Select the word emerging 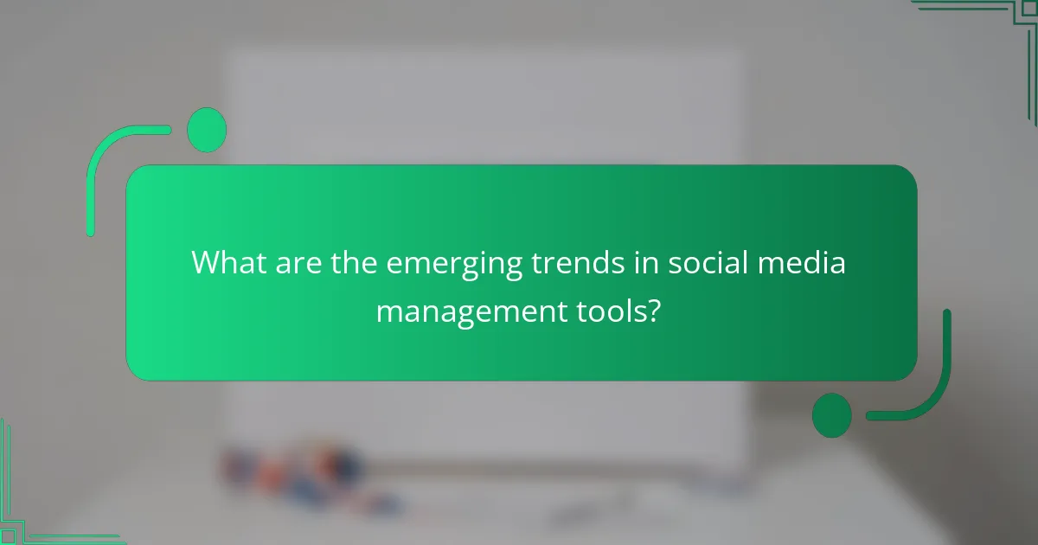(454, 264)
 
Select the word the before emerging (355, 262)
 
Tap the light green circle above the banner (207, 130)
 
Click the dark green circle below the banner (831, 415)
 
